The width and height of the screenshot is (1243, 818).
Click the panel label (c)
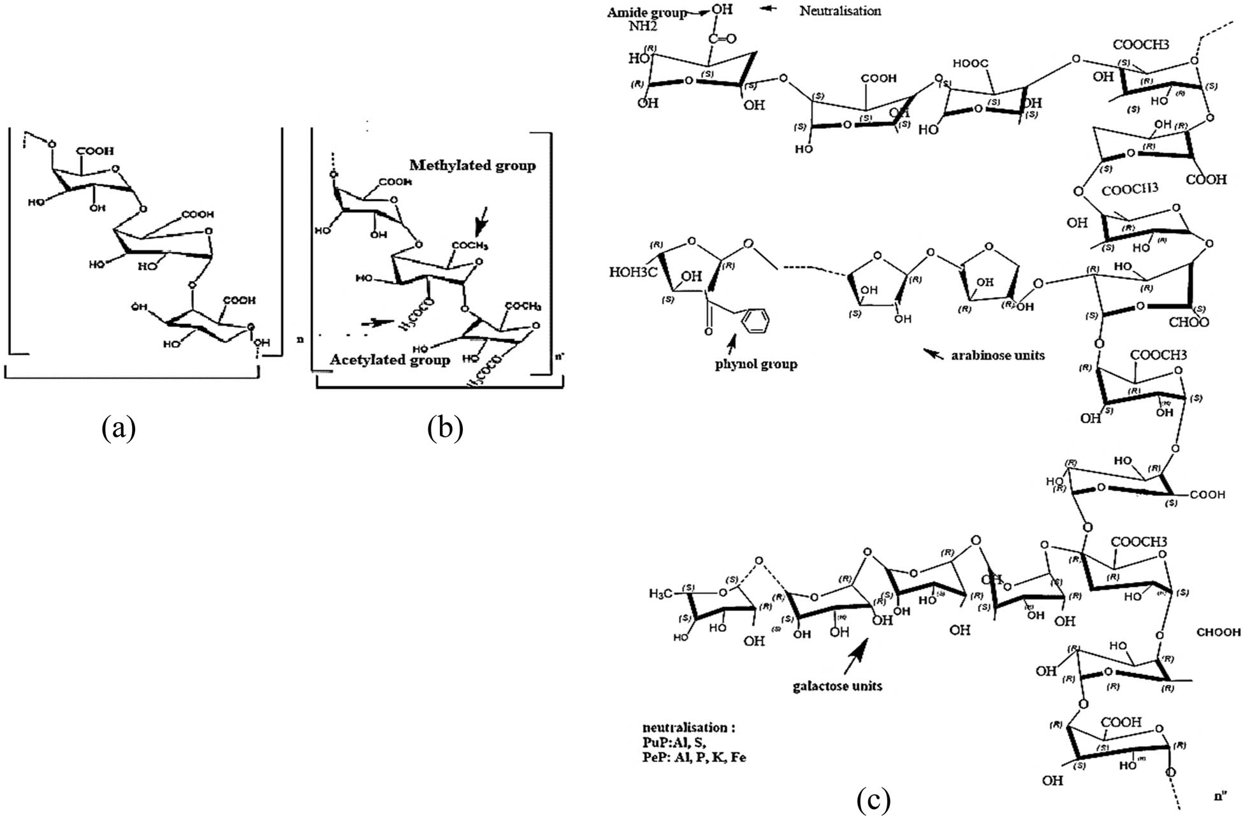[873, 801]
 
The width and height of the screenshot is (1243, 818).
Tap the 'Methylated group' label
[472, 166]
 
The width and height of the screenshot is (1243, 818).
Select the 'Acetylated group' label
[389, 360]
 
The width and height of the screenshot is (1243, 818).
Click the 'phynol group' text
[756, 365]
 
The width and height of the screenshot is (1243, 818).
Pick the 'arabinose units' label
[998, 355]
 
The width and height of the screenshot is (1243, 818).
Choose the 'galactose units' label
[837, 686]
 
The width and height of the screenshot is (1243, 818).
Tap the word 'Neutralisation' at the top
[840, 11]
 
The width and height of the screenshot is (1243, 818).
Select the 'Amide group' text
[646, 13]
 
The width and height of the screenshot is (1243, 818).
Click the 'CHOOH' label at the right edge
[1218, 632]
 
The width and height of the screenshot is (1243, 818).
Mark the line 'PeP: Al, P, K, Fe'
[694, 757]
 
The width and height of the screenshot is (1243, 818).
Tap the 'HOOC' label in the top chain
[970, 64]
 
